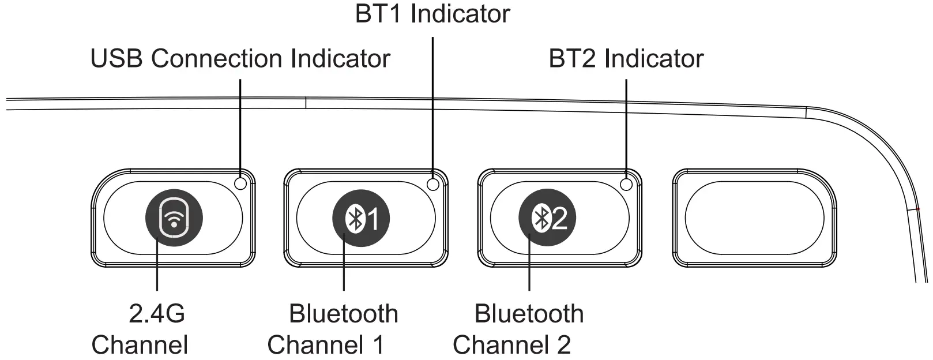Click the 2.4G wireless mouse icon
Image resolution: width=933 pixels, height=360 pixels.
pos(174,218)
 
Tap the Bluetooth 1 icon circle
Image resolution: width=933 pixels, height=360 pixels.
pos(361,218)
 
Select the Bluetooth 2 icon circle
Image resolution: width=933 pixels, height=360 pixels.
pos(547,218)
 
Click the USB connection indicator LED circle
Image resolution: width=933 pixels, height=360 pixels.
pos(241,183)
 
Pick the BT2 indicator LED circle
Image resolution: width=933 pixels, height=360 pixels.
pos(626,183)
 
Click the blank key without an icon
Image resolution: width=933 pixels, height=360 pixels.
pos(754,218)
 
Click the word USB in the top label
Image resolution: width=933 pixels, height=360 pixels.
pos(116,59)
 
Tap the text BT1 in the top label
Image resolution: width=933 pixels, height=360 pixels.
pos(378,14)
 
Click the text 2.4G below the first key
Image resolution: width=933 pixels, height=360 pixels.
pos(157,314)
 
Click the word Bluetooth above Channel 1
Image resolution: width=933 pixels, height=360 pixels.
pos(343,314)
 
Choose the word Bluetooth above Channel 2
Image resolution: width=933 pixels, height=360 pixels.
pos(529,314)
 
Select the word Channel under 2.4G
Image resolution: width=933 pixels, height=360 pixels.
pos(140,345)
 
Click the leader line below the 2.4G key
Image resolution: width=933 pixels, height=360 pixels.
pos(157,271)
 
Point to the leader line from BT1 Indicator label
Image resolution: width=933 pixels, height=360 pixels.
pos(432,104)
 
